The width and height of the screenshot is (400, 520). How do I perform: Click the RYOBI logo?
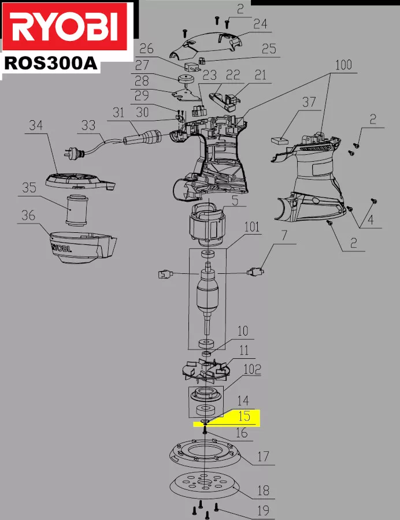coord(66,27)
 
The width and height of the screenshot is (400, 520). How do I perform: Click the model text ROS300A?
coord(50,62)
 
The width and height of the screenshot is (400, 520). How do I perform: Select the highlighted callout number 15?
coord(244,417)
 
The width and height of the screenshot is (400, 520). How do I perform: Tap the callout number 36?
coord(28,216)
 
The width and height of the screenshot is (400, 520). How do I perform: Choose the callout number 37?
coord(309,102)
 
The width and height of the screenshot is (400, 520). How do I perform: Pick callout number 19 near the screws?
coord(263,510)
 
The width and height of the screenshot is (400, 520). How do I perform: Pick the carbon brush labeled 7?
coord(255,270)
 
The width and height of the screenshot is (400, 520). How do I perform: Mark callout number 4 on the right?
coord(371,220)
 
